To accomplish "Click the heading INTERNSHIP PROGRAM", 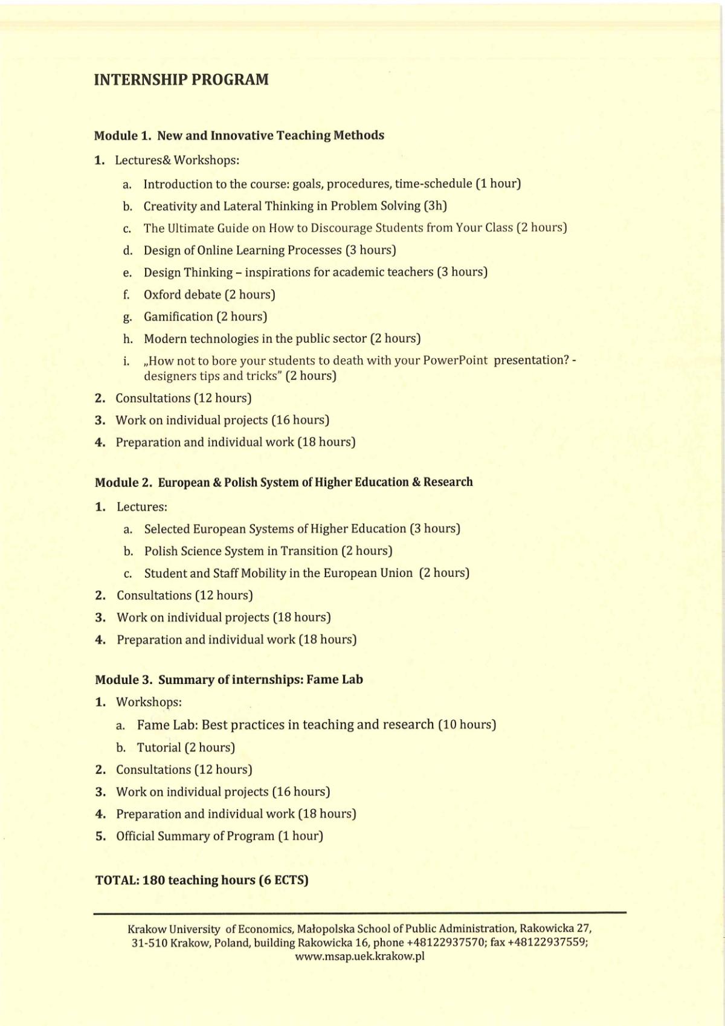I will pyautogui.click(x=181, y=80).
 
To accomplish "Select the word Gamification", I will pyautogui.click(x=178, y=317).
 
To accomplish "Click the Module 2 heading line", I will pyautogui.click(x=284, y=482).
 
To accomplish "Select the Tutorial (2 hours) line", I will pyautogui.click(x=185, y=747).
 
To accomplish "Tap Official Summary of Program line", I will pyautogui.click(x=219, y=836).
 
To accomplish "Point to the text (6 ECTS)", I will pyautogui.click(x=283, y=880).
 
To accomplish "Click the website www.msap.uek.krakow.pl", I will pyautogui.click(x=360, y=957).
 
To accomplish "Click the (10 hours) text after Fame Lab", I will pyautogui.click(x=467, y=724).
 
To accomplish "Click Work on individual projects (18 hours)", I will pyautogui.click(x=224, y=618).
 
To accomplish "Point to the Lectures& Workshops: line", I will pyautogui.click(x=177, y=161).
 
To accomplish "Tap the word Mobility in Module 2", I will pyautogui.click(x=260, y=573).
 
